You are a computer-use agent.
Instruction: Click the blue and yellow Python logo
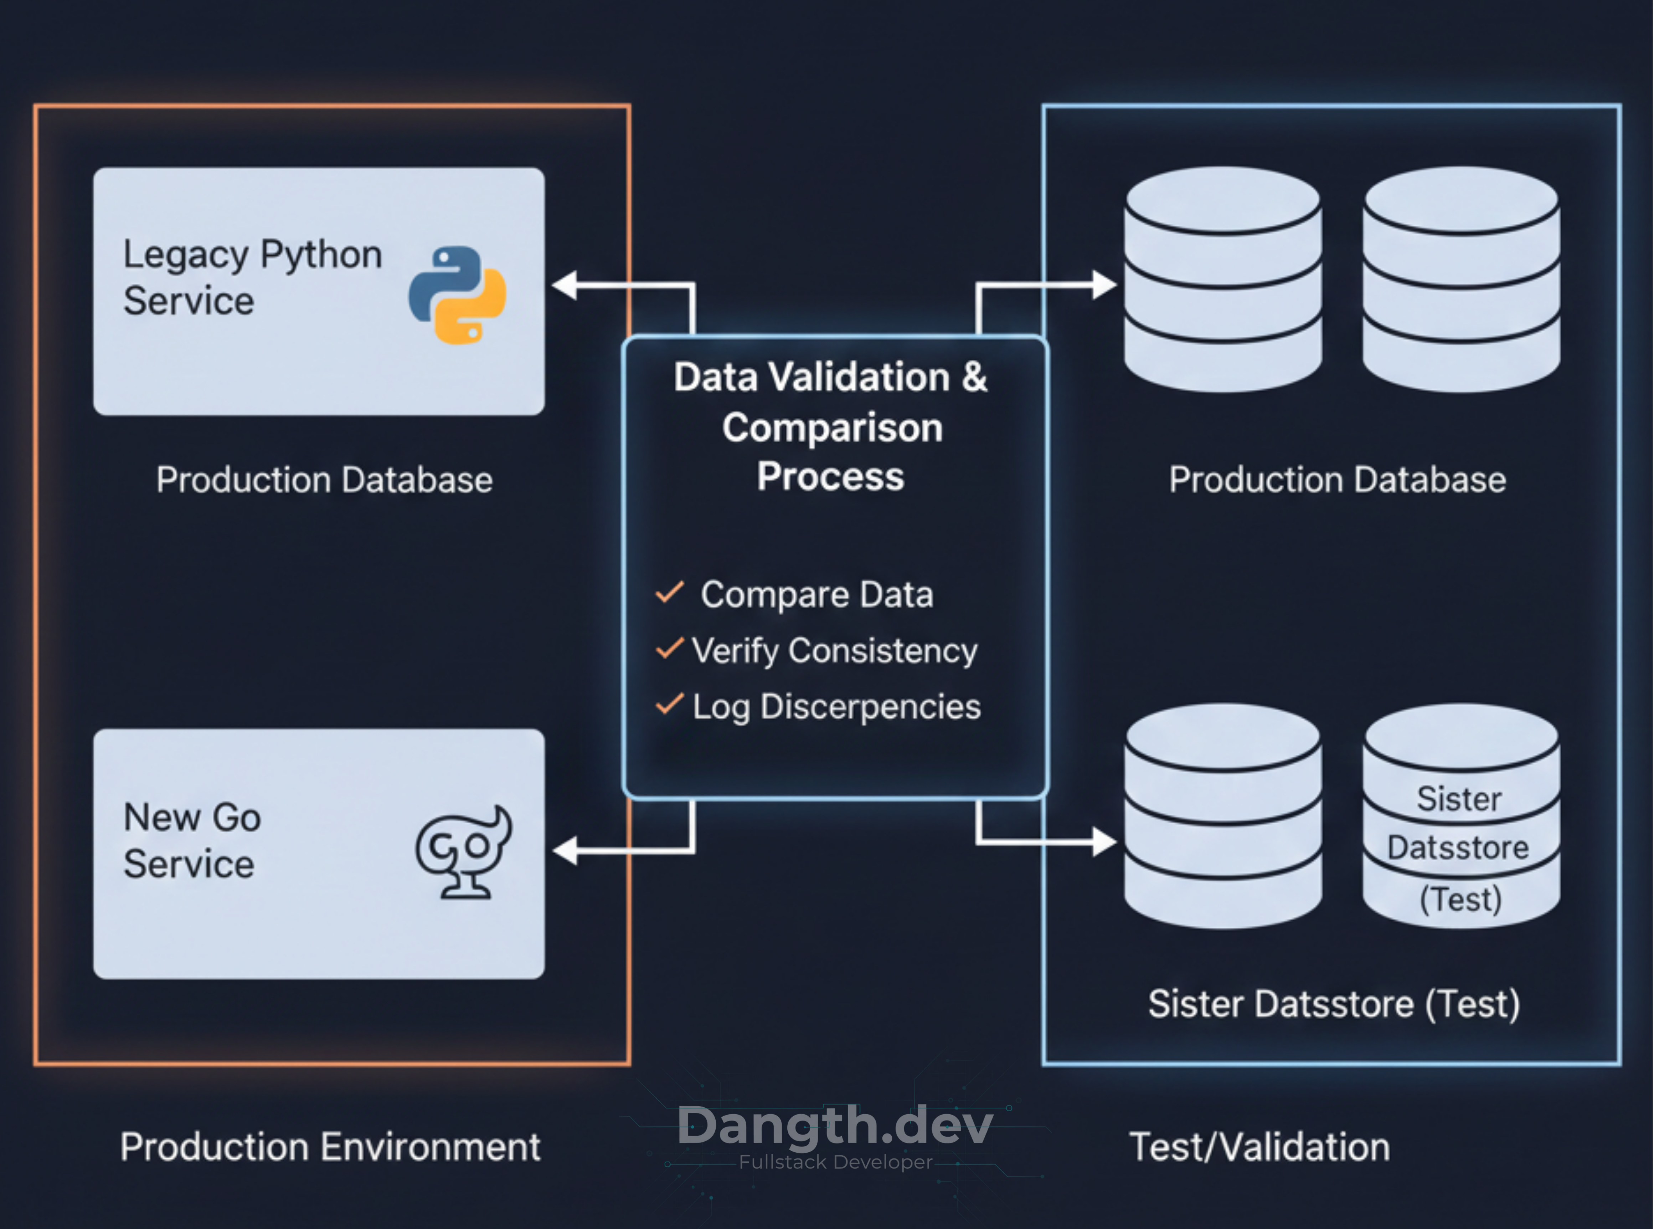click(x=457, y=295)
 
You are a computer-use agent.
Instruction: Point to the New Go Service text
click(x=192, y=841)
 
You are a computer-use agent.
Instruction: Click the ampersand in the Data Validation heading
click(x=974, y=377)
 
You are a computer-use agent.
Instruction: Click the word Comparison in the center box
click(x=832, y=428)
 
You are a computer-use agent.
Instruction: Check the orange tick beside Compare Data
click(x=669, y=593)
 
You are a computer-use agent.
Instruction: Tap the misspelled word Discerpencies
click(x=870, y=707)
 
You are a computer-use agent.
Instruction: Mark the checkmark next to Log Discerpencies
click(x=669, y=704)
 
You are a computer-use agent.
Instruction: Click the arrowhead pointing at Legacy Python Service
click(x=565, y=285)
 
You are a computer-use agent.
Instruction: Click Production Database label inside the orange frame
click(x=324, y=480)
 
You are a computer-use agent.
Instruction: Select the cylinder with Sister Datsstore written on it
click(x=1460, y=818)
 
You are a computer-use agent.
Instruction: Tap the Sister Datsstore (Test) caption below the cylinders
click(x=1334, y=1004)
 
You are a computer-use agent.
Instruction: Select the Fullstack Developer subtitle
click(x=835, y=1162)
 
